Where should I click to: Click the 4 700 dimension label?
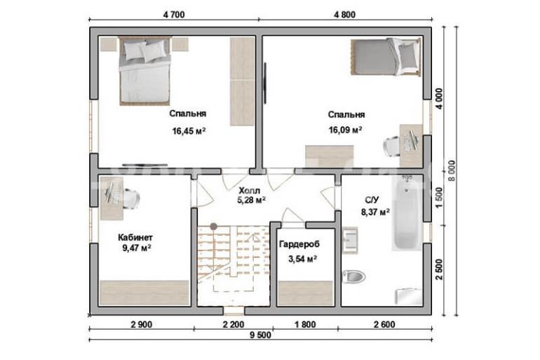click(x=174, y=15)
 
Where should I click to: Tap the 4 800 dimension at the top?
click(x=345, y=15)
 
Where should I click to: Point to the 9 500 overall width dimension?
click(x=260, y=335)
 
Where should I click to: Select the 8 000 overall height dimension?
click(x=451, y=171)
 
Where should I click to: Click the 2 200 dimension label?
click(x=234, y=324)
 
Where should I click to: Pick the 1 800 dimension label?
click(x=305, y=324)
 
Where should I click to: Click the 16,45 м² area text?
click(x=189, y=131)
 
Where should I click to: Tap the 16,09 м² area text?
click(x=345, y=130)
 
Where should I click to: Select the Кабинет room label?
click(x=135, y=237)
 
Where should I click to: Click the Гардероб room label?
click(x=299, y=244)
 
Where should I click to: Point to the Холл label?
click(x=250, y=190)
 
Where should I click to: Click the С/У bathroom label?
click(x=372, y=200)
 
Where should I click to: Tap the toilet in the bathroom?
click(x=353, y=276)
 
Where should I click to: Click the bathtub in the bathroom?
click(x=407, y=213)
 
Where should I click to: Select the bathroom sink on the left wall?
click(x=350, y=238)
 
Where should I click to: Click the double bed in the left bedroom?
click(x=145, y=70)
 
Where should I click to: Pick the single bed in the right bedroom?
click(x=386, y=57)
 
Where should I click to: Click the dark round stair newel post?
click(x=214, y=227)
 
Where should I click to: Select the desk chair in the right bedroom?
click(x=392, y=146)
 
